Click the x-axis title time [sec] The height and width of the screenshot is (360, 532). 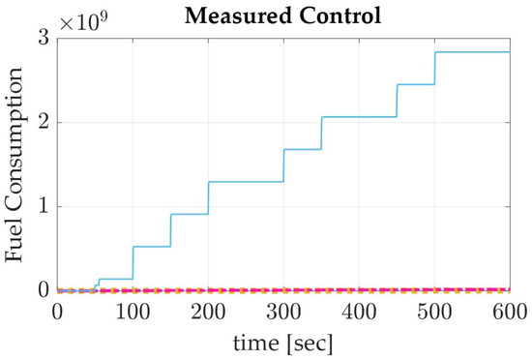(283, 344)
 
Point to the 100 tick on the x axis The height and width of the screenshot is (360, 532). (133, 312)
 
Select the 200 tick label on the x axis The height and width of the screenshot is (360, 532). (208, 312)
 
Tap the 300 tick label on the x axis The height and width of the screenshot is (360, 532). (283, 312)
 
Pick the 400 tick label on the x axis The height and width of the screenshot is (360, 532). (359, 312)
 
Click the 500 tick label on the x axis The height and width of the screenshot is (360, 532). (434, 312)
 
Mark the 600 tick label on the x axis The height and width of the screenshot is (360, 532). (509, 312)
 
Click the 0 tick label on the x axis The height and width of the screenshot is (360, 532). (57, 312)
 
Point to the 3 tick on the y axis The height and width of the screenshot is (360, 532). (44, 38)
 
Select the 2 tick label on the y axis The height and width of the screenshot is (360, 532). (44, 122)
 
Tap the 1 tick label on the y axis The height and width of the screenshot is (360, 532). (44, 206)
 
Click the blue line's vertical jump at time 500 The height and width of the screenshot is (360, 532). (435, 68)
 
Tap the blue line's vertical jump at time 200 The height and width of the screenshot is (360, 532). (208, 197)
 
